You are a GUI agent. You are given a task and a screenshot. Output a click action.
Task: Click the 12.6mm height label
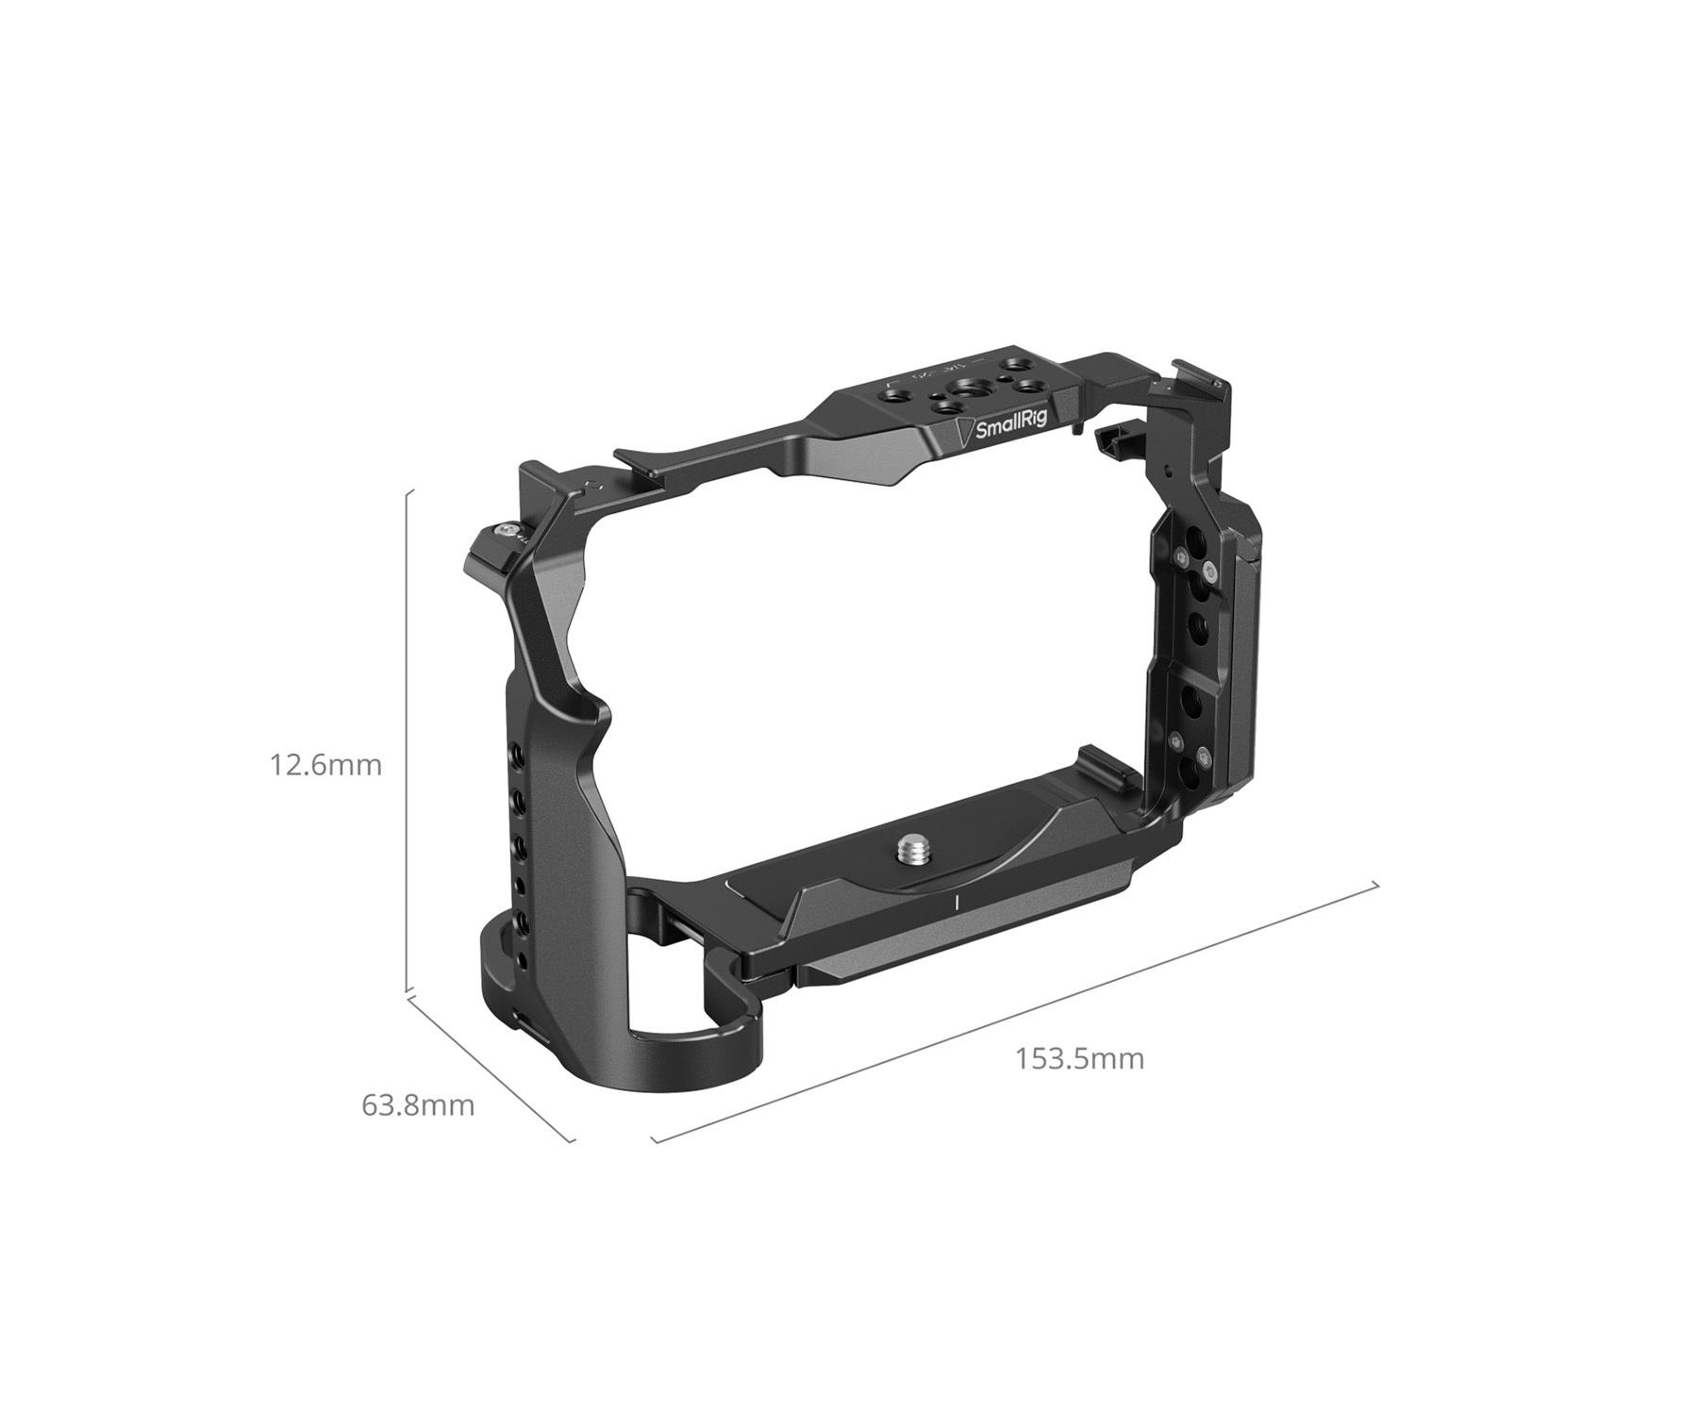(326, 765)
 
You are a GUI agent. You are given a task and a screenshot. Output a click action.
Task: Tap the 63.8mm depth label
(418, 1104)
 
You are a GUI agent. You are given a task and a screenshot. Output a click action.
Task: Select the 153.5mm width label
(1079, 1058)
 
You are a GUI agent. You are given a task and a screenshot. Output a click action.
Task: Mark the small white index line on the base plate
(957, 903)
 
